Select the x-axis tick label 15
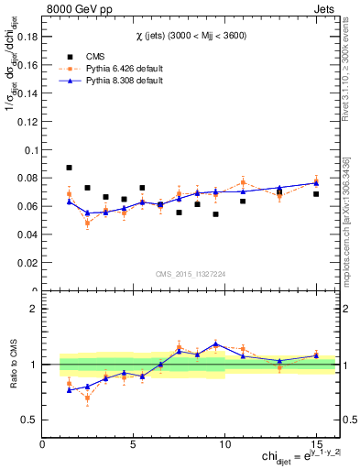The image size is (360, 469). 316,444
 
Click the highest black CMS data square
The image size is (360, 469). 70,168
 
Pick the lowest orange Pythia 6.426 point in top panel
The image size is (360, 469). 88,223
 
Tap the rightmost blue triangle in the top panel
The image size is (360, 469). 316,183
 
